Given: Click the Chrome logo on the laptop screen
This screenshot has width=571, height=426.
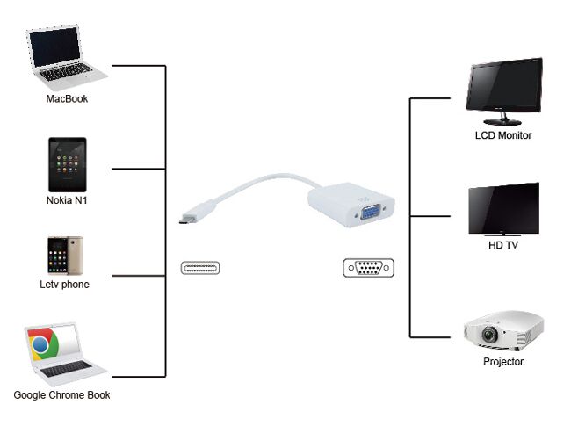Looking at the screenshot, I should (x=41, y=345).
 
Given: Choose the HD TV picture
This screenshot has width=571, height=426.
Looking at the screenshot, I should (x=503, y=209).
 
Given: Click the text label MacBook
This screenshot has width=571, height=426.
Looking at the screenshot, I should (x=67, y=99).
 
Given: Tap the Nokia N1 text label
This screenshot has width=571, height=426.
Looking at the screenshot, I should (x=67, y=200).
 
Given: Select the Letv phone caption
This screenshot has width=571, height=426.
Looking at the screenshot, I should (x=64, y=284).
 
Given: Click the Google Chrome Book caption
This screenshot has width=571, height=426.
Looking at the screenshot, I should (x=61, y=395).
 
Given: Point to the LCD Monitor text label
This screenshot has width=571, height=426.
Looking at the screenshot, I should (x=503, y=135).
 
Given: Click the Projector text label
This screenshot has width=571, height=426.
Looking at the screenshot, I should (x=503, y=361).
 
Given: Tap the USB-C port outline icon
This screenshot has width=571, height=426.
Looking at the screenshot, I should (x=200, y=268).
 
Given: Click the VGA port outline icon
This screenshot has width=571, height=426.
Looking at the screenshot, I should (x=368, y=268).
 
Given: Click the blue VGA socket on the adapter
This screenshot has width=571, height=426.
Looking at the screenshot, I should (x=370, y=212).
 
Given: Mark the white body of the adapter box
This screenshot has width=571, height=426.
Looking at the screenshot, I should (x=335, y=201).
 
